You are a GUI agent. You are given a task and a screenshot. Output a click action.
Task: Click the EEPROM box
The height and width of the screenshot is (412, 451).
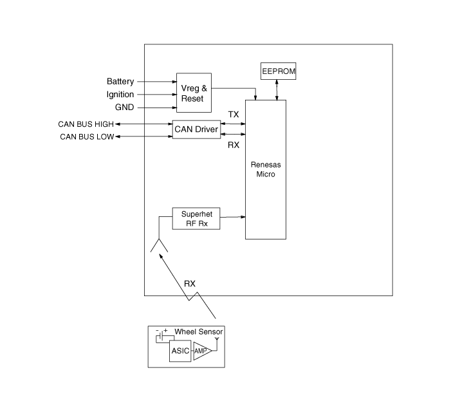(279, 71)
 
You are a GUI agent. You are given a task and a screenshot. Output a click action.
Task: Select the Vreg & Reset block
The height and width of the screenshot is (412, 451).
(194, 93)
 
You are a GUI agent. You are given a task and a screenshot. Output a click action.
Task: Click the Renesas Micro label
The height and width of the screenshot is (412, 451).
(265, 169)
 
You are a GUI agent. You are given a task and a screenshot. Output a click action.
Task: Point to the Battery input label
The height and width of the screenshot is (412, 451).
(120, 82)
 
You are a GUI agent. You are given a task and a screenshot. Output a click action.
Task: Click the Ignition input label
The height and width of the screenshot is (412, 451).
(120, 95)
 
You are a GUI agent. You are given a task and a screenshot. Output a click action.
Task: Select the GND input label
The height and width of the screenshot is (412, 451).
(124, 108)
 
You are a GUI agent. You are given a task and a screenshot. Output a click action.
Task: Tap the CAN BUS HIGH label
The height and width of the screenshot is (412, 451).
(86, 124)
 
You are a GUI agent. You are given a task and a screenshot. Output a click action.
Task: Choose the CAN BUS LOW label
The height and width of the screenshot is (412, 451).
(87, 136)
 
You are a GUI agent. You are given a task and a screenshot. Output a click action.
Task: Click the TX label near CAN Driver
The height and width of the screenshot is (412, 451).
(234, 115)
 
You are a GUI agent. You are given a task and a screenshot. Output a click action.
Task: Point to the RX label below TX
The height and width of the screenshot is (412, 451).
(234, 145)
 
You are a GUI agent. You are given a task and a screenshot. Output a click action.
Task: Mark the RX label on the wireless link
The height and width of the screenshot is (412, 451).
(190, 283)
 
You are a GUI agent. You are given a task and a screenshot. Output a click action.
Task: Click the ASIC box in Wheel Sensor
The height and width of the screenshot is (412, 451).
(179, 351)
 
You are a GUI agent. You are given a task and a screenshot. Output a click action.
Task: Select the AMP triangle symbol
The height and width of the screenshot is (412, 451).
(201, 352)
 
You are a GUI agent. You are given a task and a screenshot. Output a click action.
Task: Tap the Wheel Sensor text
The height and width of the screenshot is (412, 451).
(199, 332)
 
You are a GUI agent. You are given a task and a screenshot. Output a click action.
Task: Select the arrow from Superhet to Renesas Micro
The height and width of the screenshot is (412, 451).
(232, 216)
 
